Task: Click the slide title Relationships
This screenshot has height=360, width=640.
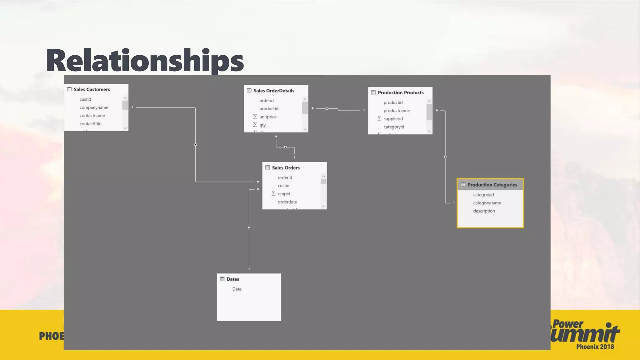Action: pos(145,61)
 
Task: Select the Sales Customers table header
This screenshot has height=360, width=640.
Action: pos(92,89)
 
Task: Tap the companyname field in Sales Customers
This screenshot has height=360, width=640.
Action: pos(94,107)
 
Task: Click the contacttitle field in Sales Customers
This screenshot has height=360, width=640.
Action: pos(90,124)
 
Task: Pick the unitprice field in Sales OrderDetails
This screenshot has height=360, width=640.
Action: pos(268,117)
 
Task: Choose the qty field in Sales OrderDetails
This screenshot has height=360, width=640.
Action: pos(262,125)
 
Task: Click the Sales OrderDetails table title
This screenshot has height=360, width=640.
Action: pos(274,91)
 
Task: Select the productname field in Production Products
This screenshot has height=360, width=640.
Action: pos(397,111)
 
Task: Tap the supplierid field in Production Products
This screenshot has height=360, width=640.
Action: pos(393,119)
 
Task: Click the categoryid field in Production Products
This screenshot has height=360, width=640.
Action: pos(394,127)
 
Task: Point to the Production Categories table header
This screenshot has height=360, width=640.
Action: pos(492,185)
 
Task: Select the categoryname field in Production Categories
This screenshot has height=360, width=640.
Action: pos(487,203)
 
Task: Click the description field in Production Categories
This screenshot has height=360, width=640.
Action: pos(484,211)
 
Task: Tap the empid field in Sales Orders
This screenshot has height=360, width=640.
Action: pos(284,194)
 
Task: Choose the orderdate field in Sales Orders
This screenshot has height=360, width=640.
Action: pos(287,202)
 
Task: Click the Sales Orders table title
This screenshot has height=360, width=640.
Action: pos(286,168)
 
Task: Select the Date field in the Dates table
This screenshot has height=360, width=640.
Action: pos(237,289)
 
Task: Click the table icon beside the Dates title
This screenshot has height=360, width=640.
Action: pos(222,279)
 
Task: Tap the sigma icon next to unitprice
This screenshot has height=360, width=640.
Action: pos(255,117)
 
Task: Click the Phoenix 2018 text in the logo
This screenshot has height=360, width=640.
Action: pos(595,347)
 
